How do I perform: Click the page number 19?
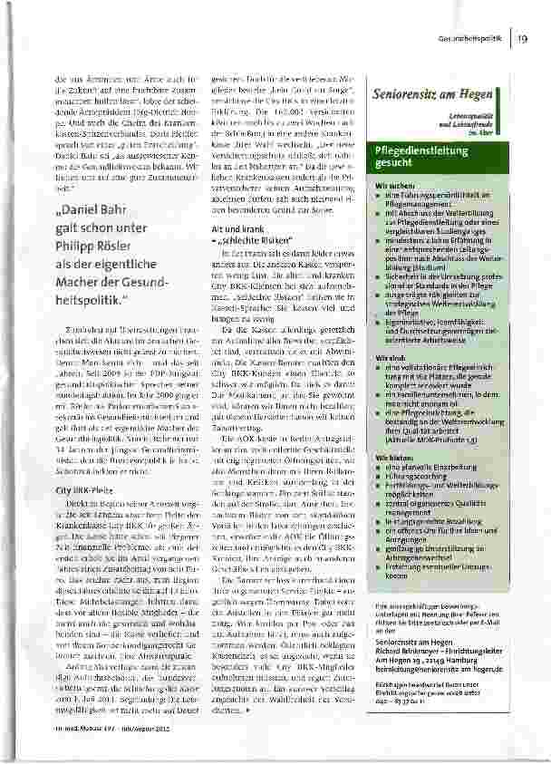[x=524, y=37]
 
